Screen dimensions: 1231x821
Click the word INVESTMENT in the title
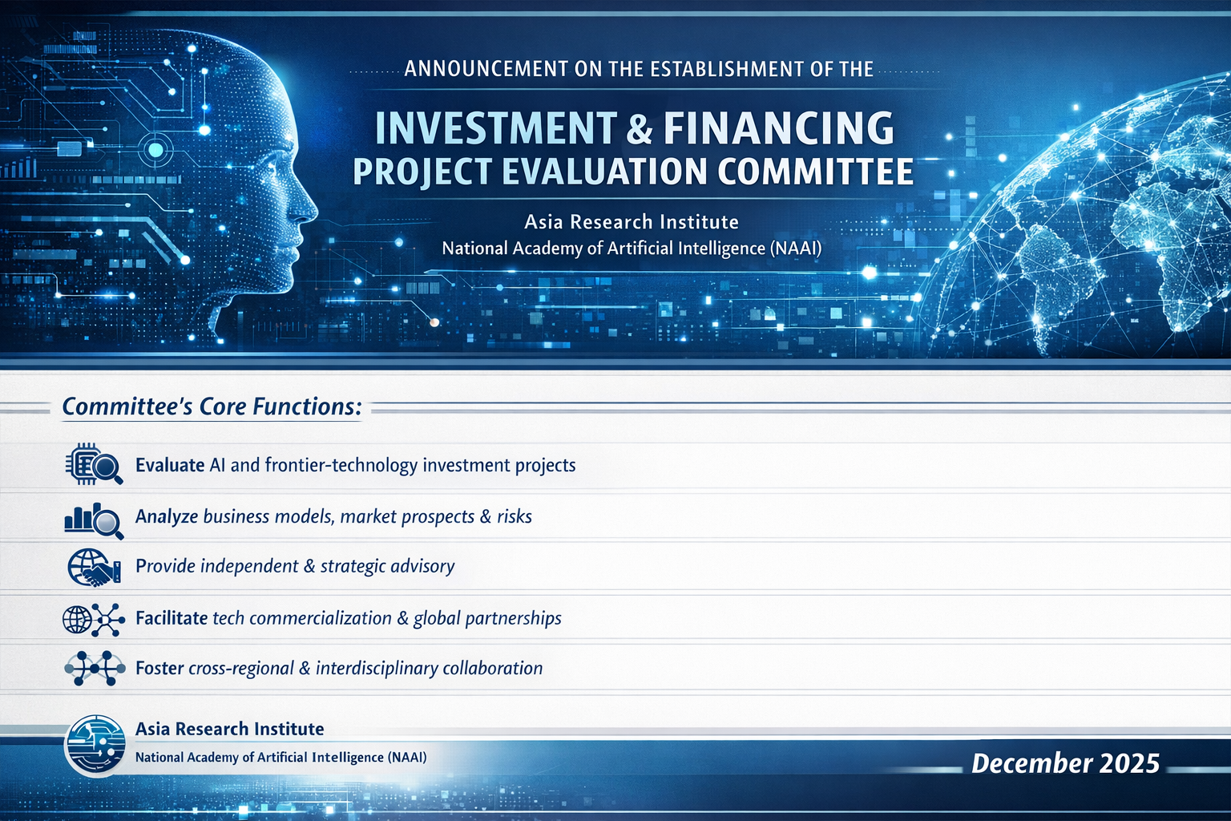pos(496,128)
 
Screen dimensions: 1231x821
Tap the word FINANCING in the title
pos(778,128)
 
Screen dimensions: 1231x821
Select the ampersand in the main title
pos(639,128)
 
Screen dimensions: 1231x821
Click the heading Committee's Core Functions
pos(212,407)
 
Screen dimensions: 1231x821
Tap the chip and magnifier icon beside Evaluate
pos(94,465)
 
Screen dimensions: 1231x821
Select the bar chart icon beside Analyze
pos(94,520)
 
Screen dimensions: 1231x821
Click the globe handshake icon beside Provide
pos(94,568)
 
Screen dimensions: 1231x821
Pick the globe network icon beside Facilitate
pos(94,620)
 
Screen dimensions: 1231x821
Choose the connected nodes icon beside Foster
pos(95,668)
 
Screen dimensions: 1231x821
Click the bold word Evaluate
pos(170,465)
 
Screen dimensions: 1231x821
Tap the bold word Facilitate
pos(172,618)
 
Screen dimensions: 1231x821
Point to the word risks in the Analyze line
pos(515,517)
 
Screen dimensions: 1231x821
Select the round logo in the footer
pos(95,745)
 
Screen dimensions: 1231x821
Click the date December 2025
pos(1066,764)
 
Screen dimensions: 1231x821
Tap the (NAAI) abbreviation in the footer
pos(406,757)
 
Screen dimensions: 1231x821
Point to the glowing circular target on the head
pos(156,149)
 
